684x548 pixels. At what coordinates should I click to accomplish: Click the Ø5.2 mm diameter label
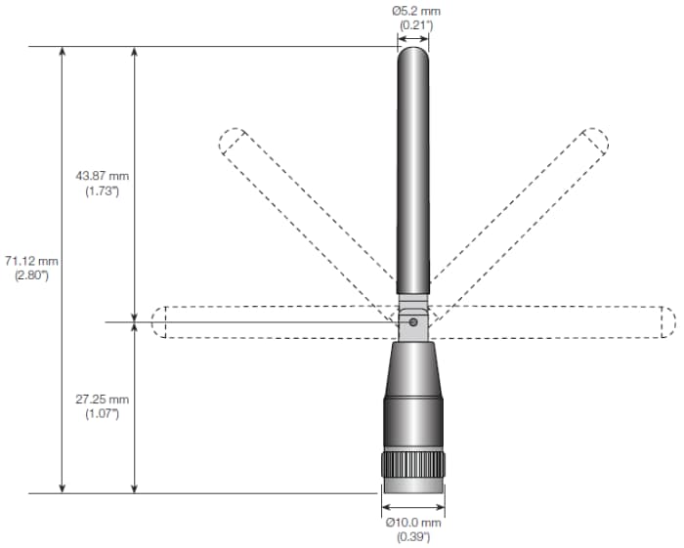coord(412,10)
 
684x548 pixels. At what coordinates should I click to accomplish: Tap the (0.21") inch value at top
coord(412,24)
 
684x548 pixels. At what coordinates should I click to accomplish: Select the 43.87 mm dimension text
coord(102,176)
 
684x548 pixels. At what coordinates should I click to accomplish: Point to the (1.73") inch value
coord(102,190)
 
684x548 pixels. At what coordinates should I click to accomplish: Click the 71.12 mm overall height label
coord(31,261)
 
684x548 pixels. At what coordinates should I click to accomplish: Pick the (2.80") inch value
coord(31,275)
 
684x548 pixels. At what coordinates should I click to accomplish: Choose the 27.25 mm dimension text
coord(102,400)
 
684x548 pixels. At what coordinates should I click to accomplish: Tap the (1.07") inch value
coord(102,414)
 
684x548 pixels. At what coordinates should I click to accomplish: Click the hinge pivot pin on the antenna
coord(413,321)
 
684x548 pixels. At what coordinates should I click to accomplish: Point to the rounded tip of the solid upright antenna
coord(412,51)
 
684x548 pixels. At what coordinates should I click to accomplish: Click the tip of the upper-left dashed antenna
coord(232,142)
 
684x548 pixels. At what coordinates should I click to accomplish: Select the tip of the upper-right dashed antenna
coord(594,142)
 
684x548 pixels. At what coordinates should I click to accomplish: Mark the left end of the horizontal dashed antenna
coord(159,322)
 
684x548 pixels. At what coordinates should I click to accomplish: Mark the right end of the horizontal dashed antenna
coord(667,322)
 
